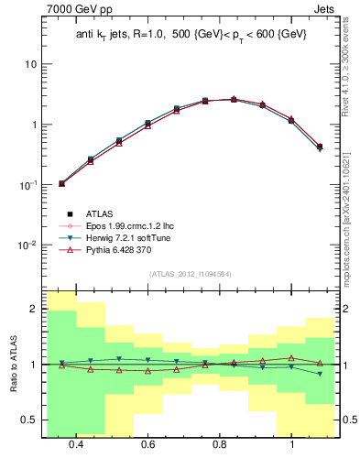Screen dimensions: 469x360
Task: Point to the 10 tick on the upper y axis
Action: click(31, 65)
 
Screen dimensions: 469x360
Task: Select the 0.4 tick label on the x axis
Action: click(76, 444)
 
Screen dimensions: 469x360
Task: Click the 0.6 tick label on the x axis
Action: click(148, 444)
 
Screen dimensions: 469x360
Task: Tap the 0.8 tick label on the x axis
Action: click(220, 444)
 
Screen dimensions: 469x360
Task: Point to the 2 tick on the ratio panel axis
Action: click(35, 310)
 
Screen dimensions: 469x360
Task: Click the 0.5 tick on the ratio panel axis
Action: click(31, 420)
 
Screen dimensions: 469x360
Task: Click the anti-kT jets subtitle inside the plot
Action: click(191, 34)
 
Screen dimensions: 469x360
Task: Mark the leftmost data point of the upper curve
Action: click(62, 183)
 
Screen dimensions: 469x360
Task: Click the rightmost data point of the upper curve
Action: click(319, 147)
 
